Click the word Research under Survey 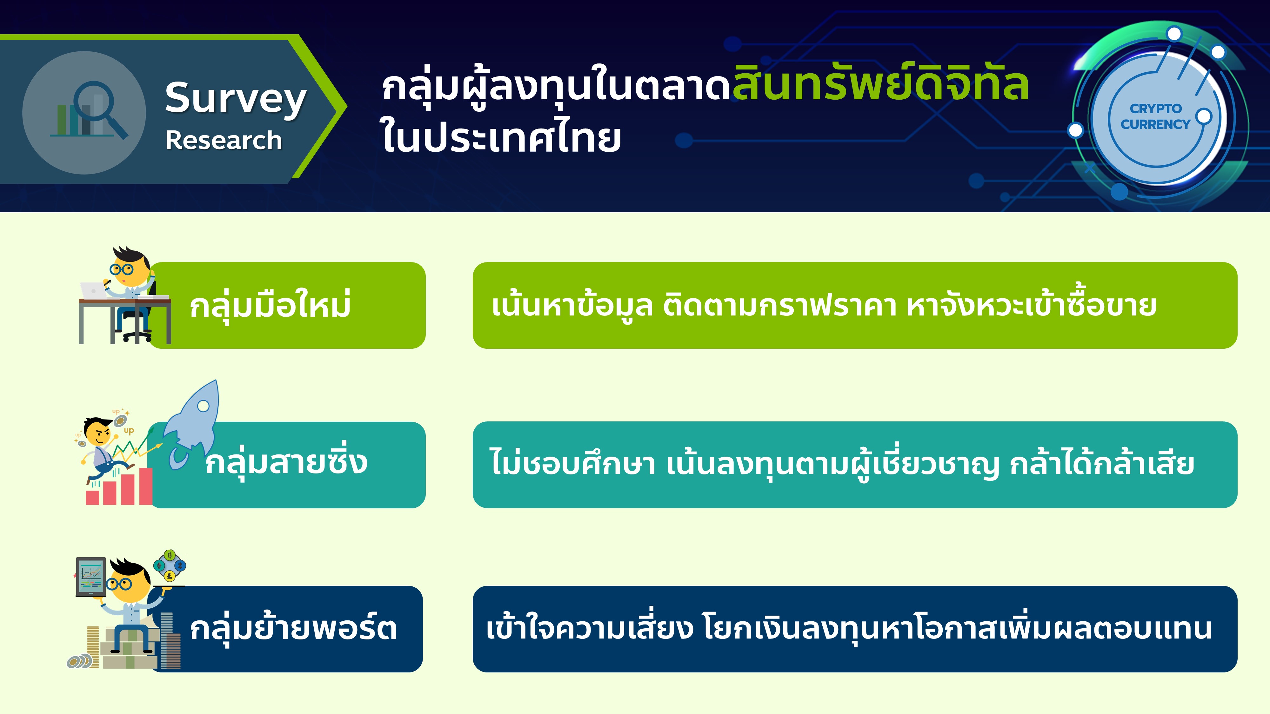[x=223, y=141]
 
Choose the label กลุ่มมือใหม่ [x=270, y=306]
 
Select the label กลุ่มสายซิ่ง [x=286, y=463]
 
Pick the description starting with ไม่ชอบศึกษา [x=842, y=463]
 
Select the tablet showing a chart [x=91, y=577]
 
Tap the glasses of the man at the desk [x=121, y=269]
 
